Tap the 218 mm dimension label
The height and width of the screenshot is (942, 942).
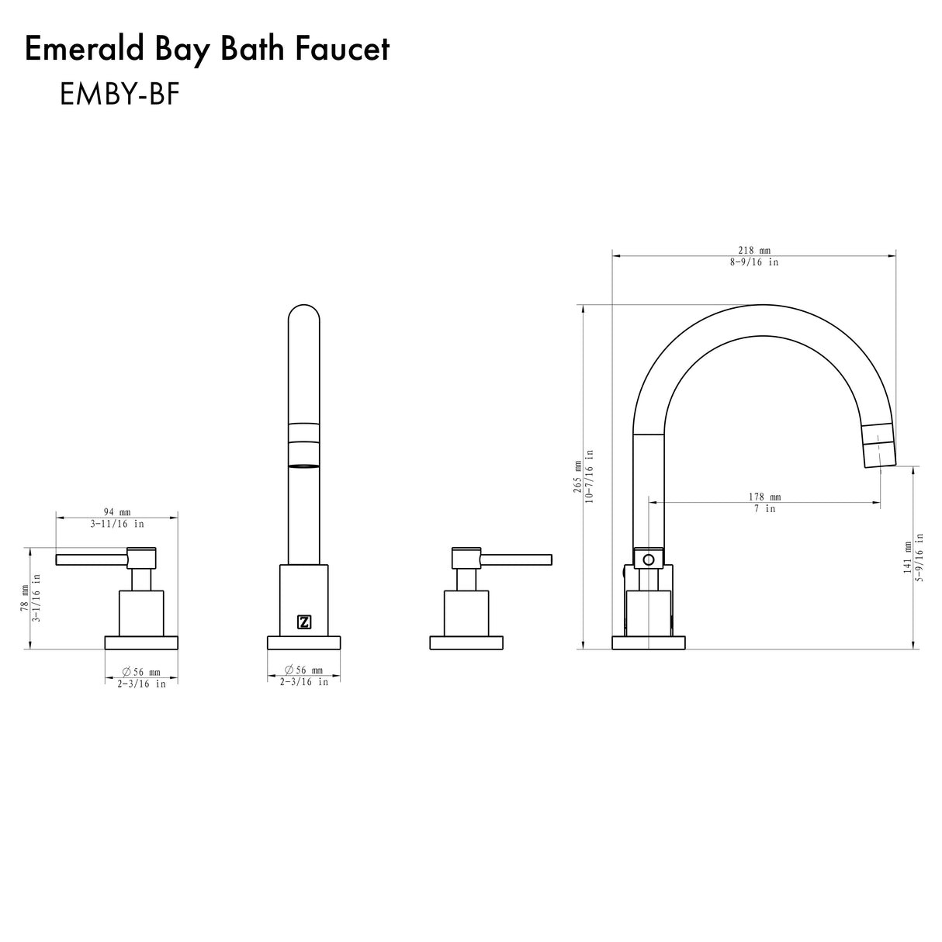753,250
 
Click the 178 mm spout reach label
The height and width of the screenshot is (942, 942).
764,497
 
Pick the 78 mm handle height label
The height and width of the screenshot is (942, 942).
24,599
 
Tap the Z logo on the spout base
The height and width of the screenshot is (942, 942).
304,622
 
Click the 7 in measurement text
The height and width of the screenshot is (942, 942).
764,509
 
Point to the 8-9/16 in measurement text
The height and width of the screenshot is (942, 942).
753,262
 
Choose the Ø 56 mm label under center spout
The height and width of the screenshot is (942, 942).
303,670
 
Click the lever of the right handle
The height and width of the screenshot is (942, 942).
516,559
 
